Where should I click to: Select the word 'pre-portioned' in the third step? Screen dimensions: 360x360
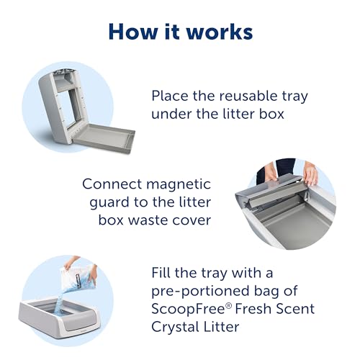pos(208,292)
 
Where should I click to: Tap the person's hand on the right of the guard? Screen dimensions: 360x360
pos(311,174)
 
